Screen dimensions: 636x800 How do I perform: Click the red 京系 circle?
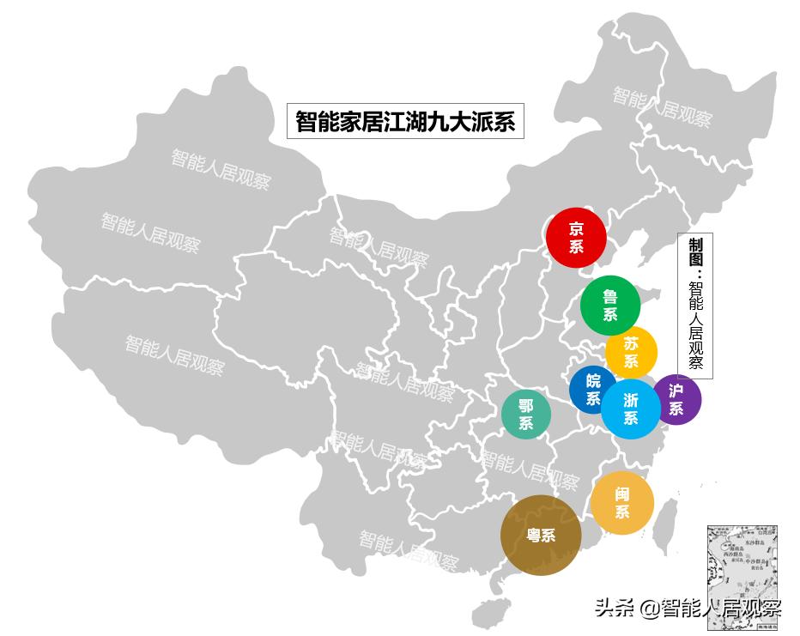(577, 238)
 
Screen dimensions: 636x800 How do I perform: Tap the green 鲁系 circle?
(610, 305)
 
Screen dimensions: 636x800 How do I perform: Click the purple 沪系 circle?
(676, 399)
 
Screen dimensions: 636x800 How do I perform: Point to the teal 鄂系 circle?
(526, 414)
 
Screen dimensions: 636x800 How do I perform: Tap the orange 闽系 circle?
(622, 503)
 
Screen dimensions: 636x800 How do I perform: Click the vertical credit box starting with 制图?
(695, 306)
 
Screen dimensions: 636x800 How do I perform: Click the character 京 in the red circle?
(576, 228)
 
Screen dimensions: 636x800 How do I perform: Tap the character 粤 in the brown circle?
(533, 536)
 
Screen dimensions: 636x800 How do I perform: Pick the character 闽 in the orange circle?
(622, 494)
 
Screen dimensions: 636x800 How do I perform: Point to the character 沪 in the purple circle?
(676, 391)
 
